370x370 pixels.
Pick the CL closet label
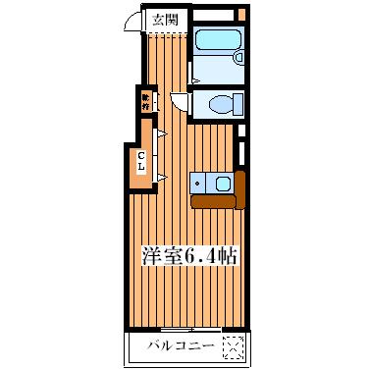(x=141, y=161)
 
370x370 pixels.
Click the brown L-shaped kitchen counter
(x=218, y=201)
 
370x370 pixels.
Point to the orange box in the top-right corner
(x=240, y=14)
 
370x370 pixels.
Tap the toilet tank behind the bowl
(x=237, y=103)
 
